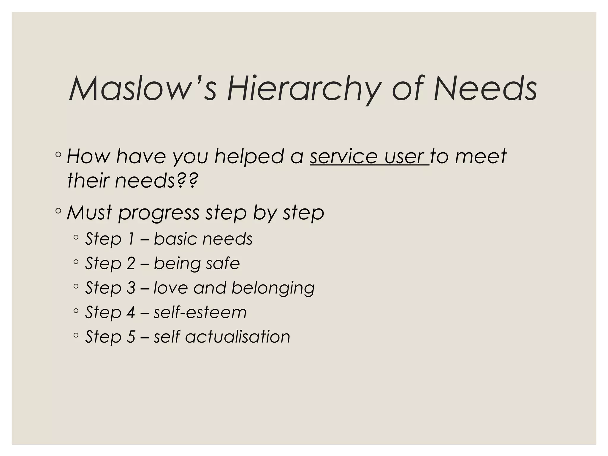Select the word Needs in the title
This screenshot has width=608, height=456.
pyautogui.click(x=485, y=88)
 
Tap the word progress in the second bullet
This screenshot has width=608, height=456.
pyautogui.click(x=159, y=213)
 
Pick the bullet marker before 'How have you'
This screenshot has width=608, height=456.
pyautogui.click(x=58, y=155)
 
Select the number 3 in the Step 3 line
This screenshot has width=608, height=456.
pyautogui.click(x=131, y=288)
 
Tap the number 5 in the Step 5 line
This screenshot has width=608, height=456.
pyautogui.click(x=131, y=337)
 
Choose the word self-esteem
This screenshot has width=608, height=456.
pyautogui.click(x=200, y=312)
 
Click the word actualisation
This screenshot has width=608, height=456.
pyautogui.click(x=237, y=337)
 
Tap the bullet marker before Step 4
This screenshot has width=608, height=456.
pyautogui.click(x=76, y=311)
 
